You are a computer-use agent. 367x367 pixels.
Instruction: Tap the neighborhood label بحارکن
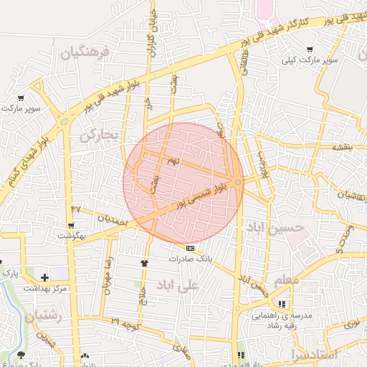click(x=97, y=135)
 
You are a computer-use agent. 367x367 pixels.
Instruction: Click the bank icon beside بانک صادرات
click(x=189, y=247)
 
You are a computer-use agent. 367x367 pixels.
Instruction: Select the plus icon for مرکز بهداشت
click(x=45, y=277)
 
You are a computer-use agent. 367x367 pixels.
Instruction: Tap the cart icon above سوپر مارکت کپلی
click(x=310, y=49)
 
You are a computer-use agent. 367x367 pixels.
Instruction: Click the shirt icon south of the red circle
click(x=145, y=263)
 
